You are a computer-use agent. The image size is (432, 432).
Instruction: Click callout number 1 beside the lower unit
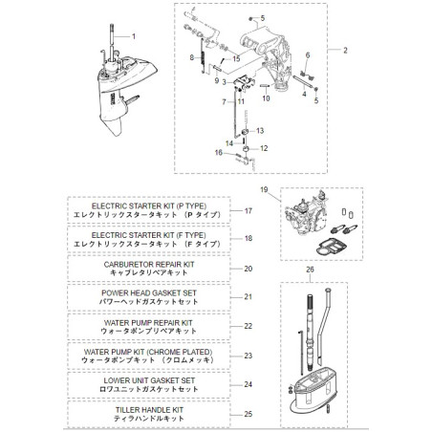point(135,36)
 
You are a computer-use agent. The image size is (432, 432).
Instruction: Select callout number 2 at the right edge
point(345,49)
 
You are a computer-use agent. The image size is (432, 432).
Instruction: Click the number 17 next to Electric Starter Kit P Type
point(248,210)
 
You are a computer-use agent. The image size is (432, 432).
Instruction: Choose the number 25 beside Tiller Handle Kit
point(248,414)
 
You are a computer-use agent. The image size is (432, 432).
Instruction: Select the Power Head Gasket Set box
point(148,297)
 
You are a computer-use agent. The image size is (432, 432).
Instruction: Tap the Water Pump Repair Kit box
point(148,327)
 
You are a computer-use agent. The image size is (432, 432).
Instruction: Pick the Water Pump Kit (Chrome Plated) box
point(148,356)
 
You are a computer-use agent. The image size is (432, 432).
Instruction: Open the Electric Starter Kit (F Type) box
point(148,239)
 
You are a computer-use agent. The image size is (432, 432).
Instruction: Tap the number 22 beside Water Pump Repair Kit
point(248,327)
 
